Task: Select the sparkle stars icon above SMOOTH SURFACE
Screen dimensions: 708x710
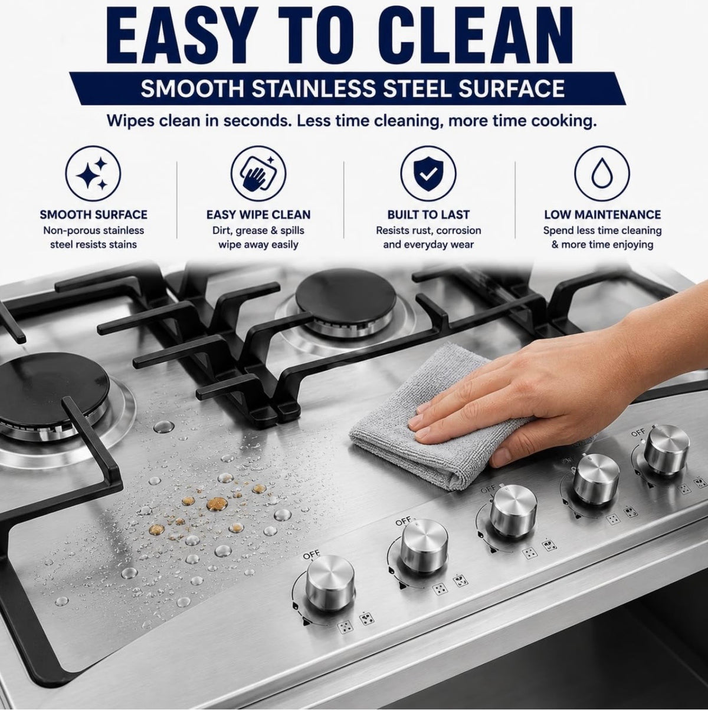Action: (93, 174)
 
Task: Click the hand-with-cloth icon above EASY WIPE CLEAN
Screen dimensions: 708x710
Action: (258, 174)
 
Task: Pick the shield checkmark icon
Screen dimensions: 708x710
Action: (428, 174)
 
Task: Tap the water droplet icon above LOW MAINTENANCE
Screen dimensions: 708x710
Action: (602, 174)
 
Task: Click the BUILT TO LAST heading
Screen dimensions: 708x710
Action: (428, 214)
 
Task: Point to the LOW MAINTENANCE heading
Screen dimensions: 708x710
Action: (602, 214)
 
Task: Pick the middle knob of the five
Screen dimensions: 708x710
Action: (513, 509)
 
